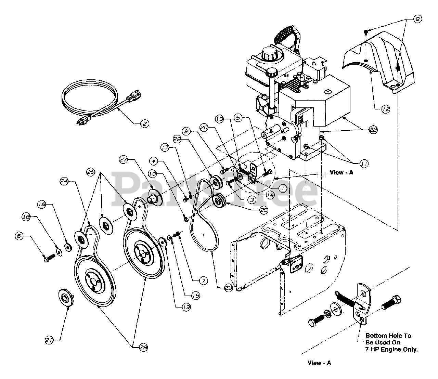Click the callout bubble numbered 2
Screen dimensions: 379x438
pyautogui.click(x=144, y=124)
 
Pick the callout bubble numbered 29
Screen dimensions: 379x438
pyautogui.click(x=143, y=348)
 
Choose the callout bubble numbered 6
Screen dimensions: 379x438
pyautogui.click(x=19, y=236)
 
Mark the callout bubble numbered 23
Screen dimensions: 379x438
pyautogui.click(x=228, y=288)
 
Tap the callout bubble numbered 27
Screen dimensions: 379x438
pyautogui.click(x=124, y=159)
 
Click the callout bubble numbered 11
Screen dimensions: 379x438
pyautogui.click(x=364, y=164)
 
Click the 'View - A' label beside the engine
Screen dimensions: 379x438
pyautogui.click(x=341, y=172)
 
